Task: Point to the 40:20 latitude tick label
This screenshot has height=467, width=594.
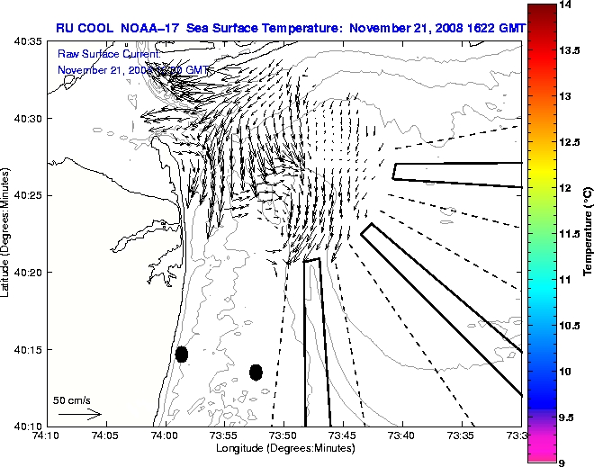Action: pos(28,273)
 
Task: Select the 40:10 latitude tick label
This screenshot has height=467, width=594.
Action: pos(28,426)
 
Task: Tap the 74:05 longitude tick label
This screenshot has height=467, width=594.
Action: pos(105,436)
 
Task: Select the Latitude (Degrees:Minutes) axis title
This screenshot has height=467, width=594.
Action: pos(7,233)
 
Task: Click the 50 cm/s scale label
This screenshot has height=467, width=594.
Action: pos(72,400)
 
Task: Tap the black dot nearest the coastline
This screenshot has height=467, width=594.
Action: pos(182,354)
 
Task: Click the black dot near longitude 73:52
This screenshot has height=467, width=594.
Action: pos(256,372)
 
